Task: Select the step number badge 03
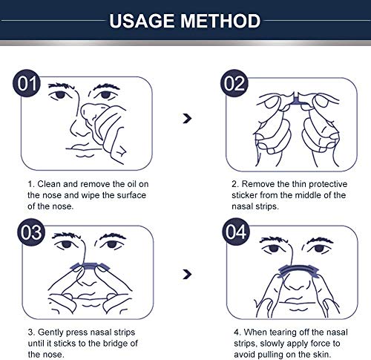(x=27, y=232)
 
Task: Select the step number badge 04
(x=235, y=232)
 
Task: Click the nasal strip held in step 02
(x=297, y=98)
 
